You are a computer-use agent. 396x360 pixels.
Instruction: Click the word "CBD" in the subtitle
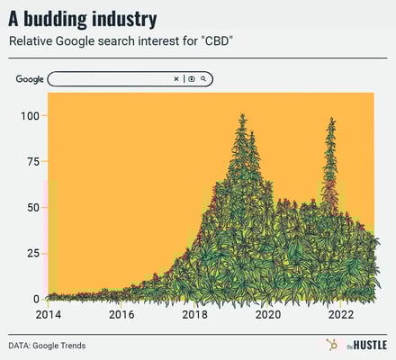(215, 42)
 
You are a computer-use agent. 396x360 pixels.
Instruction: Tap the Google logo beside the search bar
(30, 79)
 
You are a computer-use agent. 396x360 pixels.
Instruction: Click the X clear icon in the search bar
(176, 79)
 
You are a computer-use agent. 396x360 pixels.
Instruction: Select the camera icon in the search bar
(191, 79)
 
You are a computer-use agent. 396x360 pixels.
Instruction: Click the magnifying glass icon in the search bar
(204, 79)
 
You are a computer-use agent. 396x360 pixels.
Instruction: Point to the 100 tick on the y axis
(29, 116)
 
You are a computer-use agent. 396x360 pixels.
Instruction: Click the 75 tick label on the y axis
(31, 162)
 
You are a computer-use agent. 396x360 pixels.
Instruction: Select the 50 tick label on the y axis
(31, 208)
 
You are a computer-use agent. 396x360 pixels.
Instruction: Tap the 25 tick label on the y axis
(31, 254)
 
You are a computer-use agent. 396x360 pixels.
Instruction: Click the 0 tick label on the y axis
(35, 299)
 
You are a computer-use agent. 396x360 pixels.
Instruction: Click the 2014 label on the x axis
(48, 315)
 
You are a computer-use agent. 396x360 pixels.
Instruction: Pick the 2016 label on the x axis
(121, 315)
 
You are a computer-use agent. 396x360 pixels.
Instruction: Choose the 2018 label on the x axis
(194, 315)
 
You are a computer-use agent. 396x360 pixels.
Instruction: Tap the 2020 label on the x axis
(267, 315)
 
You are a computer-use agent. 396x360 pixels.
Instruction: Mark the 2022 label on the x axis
(340, 315)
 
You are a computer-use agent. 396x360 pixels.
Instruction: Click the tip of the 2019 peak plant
(242, 115)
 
